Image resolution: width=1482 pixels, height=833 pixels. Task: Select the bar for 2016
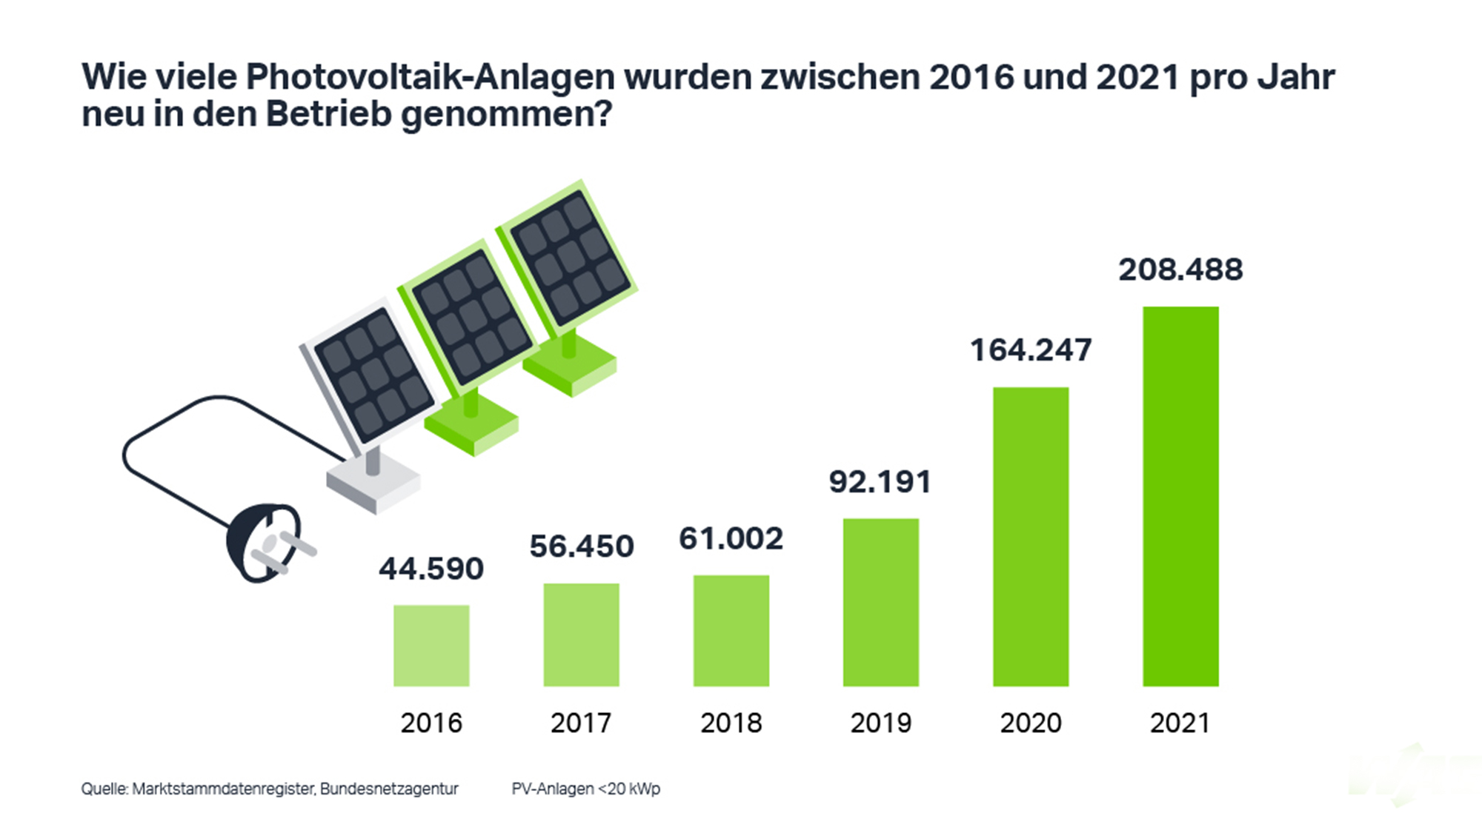431,646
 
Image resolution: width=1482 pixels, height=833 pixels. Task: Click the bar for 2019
881,602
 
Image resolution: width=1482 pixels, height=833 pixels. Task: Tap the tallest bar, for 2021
1180,496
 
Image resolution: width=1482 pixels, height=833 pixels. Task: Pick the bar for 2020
1031,537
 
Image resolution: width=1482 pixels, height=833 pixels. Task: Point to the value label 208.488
1180,270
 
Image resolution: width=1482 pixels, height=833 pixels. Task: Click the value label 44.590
431,569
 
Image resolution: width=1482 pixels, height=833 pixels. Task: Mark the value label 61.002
731,539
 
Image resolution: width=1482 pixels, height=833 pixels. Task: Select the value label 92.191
880,482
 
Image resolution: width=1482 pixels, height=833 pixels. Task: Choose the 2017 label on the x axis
581,723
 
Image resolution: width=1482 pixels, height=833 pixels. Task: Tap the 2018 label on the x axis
731,723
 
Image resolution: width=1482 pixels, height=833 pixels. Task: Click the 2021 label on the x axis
1180,723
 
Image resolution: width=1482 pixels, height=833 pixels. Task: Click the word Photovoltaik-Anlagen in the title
430,77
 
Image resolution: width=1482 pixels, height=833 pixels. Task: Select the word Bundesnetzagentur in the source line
389,789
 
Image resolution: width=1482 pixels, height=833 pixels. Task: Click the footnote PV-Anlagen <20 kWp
585,789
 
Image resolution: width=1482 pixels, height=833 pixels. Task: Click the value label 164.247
1031,350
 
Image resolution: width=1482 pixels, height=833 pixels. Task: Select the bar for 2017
581,635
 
